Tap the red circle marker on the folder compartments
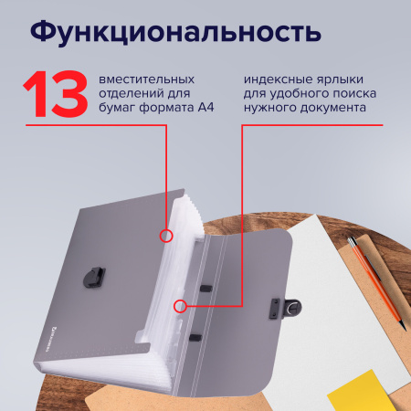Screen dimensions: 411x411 click(166, 236)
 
